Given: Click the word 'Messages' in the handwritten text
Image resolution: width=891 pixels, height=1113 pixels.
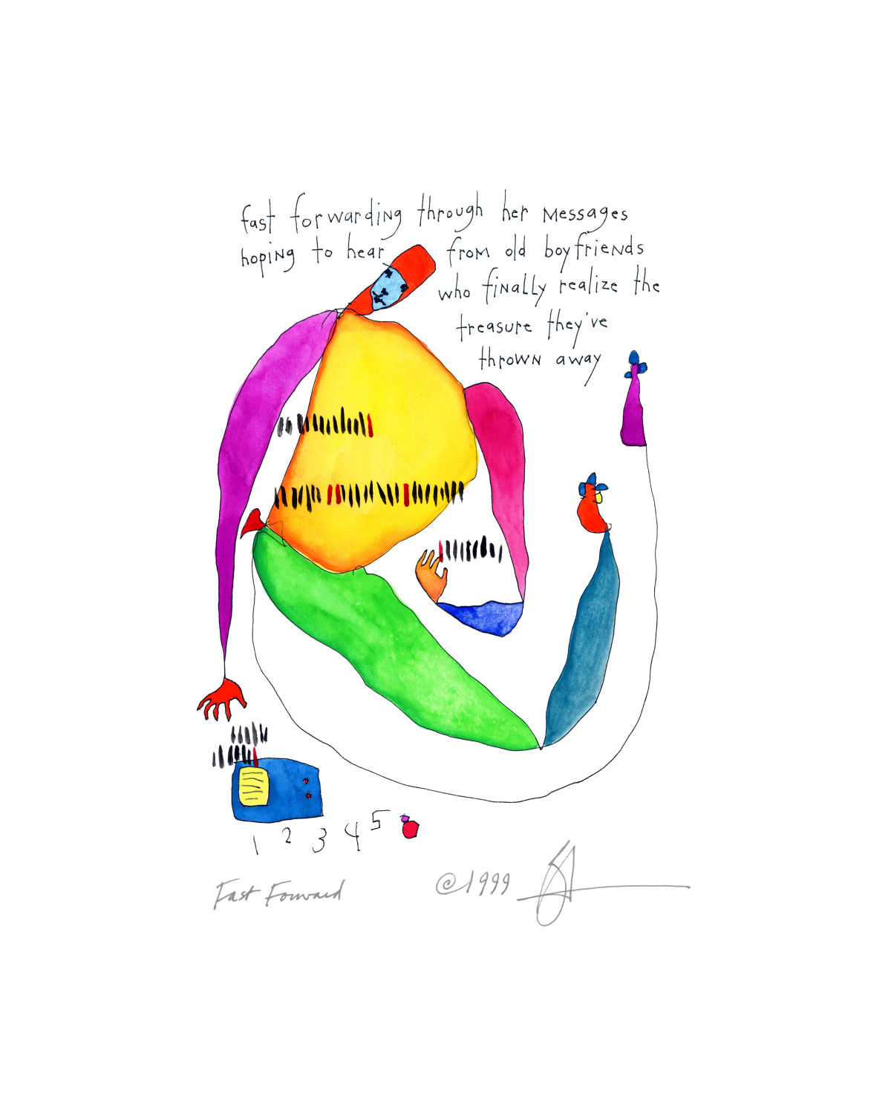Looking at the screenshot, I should [x=585, y=214].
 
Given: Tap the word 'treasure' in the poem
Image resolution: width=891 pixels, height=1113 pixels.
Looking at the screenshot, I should [x=495, y=326].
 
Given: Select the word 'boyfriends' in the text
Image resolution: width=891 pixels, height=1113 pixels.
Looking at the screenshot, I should [x=593, y=249].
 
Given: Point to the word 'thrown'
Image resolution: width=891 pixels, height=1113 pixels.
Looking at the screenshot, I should [x=510, y=360].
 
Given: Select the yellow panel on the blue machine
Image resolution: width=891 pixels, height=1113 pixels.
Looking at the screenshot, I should [x=253, y=787].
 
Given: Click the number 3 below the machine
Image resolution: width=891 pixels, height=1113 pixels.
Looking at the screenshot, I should [x=319, y=840].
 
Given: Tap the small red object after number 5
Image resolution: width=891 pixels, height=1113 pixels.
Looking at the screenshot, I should [x=410, y=827].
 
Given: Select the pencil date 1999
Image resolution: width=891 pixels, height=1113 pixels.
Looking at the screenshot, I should [x=474, y=883].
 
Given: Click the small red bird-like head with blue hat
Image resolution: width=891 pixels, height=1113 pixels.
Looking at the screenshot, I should [x=592, y=508].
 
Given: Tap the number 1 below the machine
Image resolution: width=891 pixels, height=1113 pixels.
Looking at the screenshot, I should [x=255, y=844].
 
